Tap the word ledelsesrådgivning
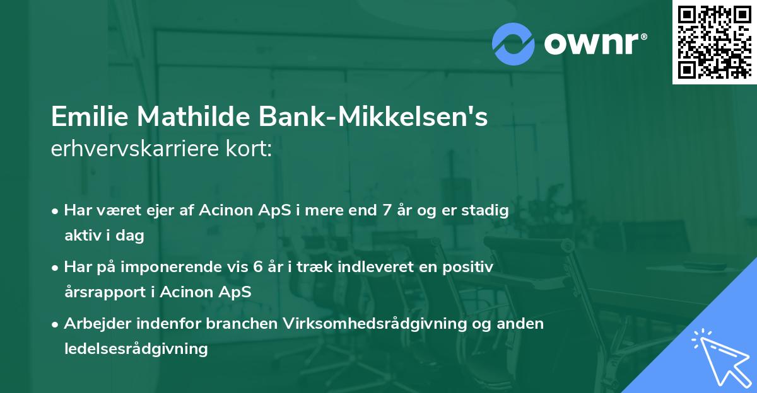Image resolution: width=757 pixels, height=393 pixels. pos(136,349)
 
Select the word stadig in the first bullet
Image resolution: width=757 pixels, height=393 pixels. pos(486,210)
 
